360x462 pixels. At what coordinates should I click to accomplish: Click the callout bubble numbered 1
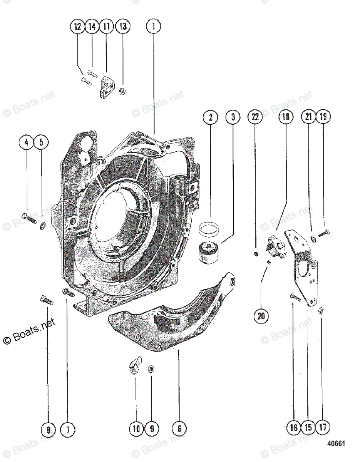[x=153, y=27]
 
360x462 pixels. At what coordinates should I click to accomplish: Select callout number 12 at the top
[x=77, y=27]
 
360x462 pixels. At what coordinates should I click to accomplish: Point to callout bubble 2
[x=211, y=117]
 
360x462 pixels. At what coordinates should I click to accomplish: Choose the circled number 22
[x=255, y=117]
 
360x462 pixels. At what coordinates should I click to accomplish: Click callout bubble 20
[x=261, y=316]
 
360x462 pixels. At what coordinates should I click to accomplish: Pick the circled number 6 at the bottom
[x=179, y=428]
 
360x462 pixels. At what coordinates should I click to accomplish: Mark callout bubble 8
[x=49, y=428]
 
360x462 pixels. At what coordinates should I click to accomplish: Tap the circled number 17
[x=323, y=427]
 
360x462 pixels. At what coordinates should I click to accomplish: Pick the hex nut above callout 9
[x=151, y=369]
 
